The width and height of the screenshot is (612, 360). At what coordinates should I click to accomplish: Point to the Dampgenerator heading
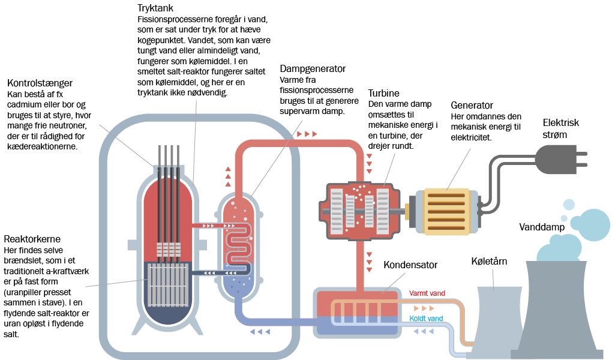(x=313, y=69)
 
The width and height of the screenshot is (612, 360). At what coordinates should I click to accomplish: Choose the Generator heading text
(x=472, y=105)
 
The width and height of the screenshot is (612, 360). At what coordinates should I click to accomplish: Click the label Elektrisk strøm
(x=561, y=128)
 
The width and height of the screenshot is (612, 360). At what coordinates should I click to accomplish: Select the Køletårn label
(x=489, y=263)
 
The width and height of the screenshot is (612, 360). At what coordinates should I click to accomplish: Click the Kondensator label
(x=410, y=265)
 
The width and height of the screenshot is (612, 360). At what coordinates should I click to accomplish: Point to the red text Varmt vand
(x=427, y=293)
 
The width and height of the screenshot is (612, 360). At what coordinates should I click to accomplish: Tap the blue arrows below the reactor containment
(x=259, y=331)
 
